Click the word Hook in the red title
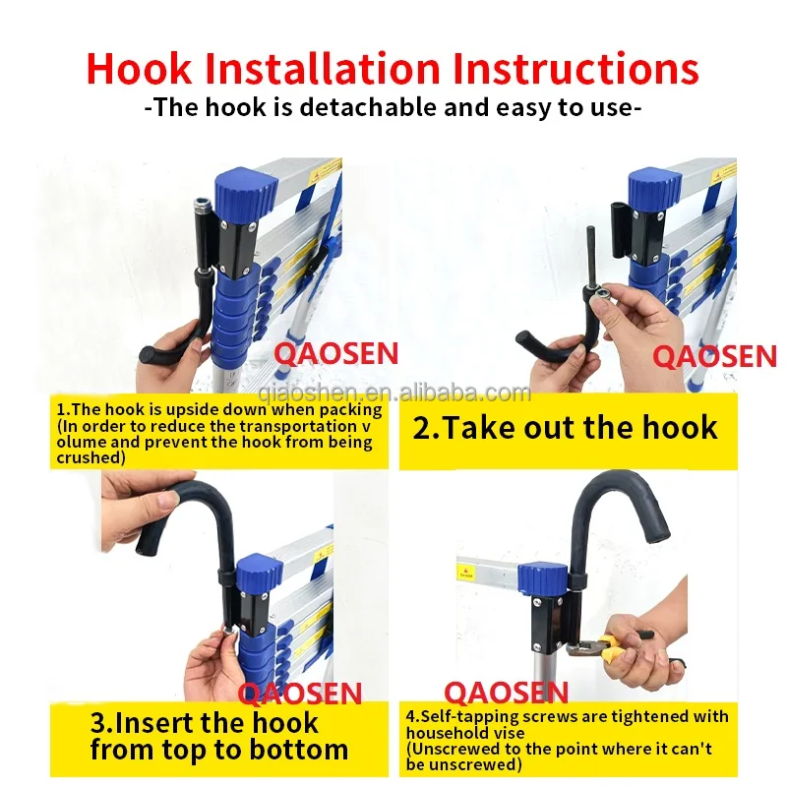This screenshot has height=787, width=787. pyautogui.click(x=139, y=68)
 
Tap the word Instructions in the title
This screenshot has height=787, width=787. pyautogui.click(x=575, y=68)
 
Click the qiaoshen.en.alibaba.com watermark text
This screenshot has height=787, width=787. pyautogui.click(x=394, y=393)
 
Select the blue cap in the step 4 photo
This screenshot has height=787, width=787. pyautogui.click(x=544, y=579)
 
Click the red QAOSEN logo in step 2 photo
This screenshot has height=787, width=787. pyautogui.click(x=715, y=357)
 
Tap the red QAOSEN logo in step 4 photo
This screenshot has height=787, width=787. pyautogui.click(x=506, y=693)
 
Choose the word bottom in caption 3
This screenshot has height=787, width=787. pyautogui.click(x=299, y=750)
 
